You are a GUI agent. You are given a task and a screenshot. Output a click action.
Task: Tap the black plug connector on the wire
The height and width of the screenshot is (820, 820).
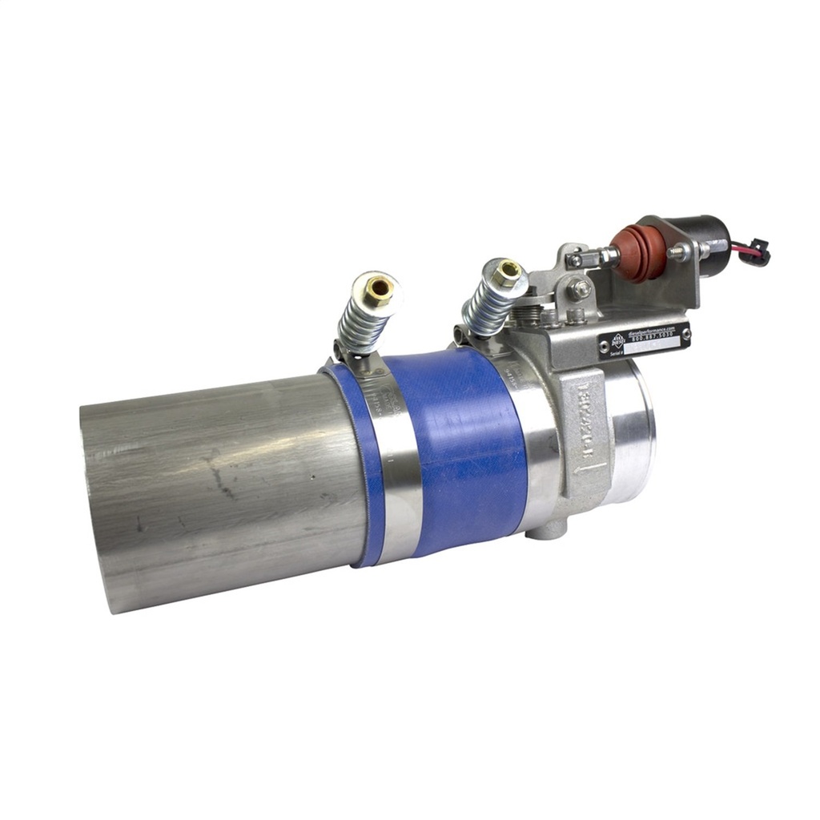pos(757,251)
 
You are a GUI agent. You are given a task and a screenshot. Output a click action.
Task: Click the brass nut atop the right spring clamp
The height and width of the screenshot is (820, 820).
pos(506,272)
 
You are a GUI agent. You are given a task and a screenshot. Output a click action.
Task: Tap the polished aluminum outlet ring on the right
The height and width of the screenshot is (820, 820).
pos(633,432)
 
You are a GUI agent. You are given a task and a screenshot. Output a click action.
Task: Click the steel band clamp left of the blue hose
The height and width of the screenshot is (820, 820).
pos(392,472)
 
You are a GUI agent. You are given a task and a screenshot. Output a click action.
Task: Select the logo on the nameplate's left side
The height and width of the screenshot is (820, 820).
pos(613,340)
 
